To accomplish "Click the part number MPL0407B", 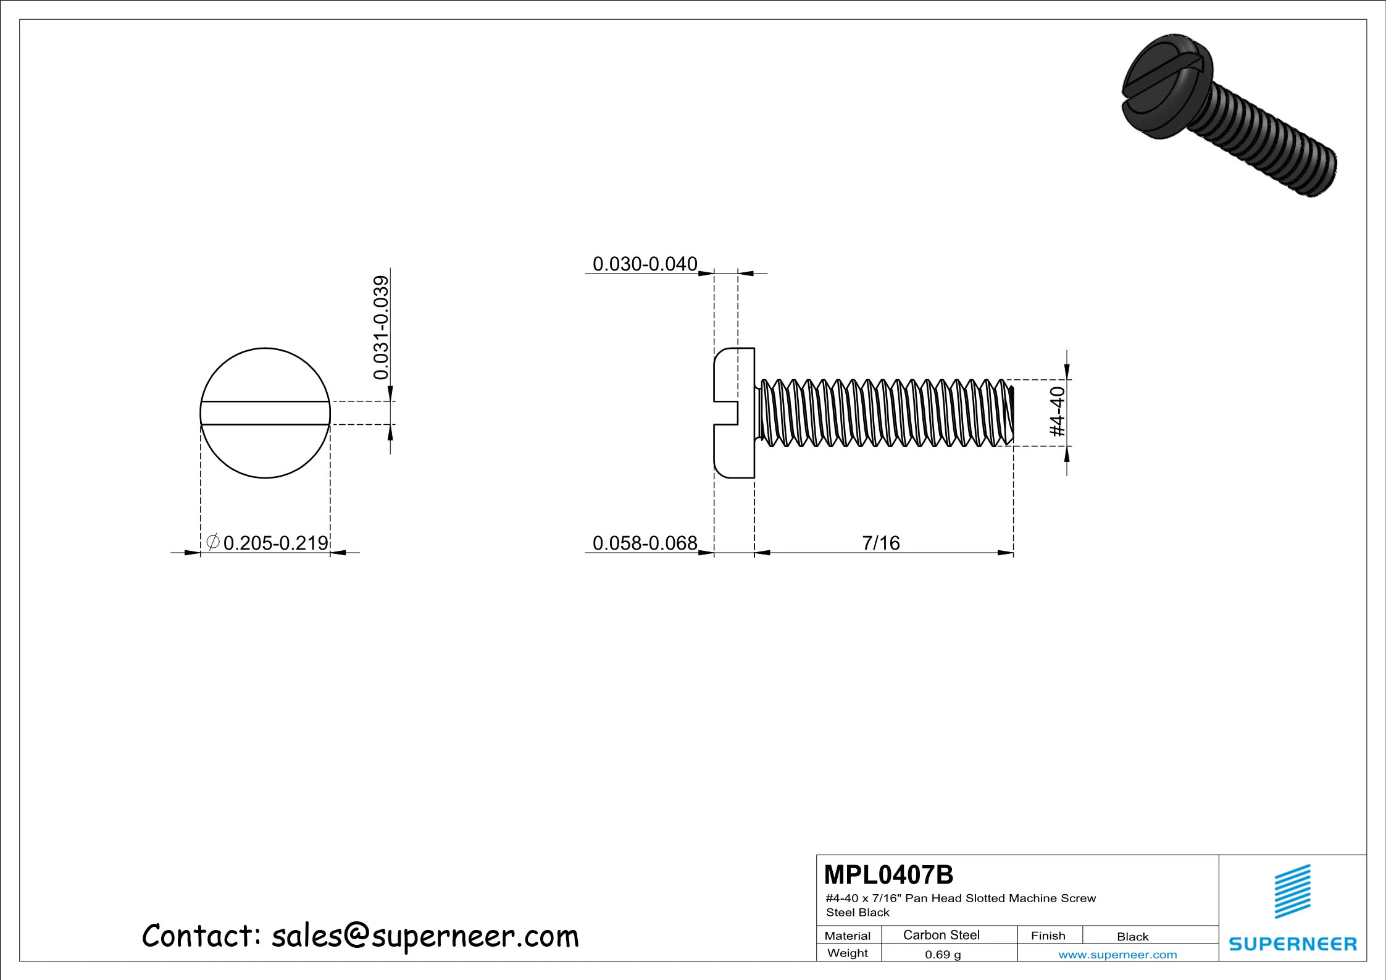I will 888,875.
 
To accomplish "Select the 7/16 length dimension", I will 880,543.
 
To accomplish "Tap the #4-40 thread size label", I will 1058,411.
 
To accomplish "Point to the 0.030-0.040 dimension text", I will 645,264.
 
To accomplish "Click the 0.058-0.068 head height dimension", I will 645,543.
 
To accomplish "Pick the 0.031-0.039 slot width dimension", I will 382,327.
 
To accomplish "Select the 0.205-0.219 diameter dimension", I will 275,543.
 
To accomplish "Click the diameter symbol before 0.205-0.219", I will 212,542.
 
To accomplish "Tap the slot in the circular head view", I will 265,413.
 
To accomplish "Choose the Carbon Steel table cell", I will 941,935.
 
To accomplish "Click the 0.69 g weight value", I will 942,955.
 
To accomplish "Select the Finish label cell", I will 1048,936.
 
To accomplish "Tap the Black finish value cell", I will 1132,937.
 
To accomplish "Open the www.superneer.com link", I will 1117,955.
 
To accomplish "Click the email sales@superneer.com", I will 425,936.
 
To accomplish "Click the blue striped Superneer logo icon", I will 1293,891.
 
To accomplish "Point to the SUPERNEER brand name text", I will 1293,944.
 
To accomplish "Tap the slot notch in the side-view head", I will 726,413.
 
